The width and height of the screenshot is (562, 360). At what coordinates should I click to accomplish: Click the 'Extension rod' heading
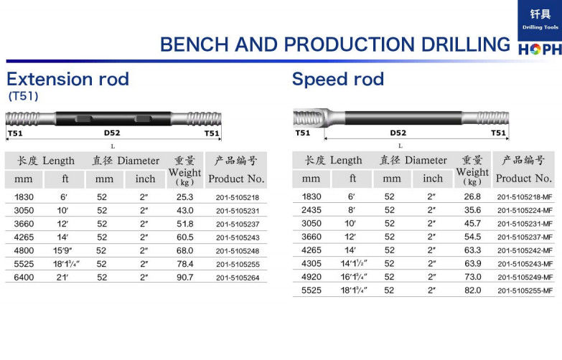[x=67, y=79]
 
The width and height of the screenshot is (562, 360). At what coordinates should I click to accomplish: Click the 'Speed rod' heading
[x=337, y=79]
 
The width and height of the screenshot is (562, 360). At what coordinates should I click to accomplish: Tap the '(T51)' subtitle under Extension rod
[x=23, y=96]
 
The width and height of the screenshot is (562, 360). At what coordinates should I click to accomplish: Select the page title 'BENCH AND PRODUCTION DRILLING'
[x=334, y=44]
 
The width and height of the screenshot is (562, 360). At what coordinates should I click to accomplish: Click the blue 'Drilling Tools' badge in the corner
[x=540, y=20]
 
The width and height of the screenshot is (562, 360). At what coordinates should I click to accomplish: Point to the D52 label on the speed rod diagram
[x=398, y=133]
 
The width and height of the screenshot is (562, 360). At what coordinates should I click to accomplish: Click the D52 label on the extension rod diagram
[x=112, y=133]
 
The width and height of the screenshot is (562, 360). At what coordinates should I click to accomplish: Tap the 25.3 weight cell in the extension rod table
[x=184, y=197]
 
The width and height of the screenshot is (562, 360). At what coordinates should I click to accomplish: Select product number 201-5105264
[x=238, y=278]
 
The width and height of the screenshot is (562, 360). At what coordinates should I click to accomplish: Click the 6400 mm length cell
[x=24, y=278]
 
